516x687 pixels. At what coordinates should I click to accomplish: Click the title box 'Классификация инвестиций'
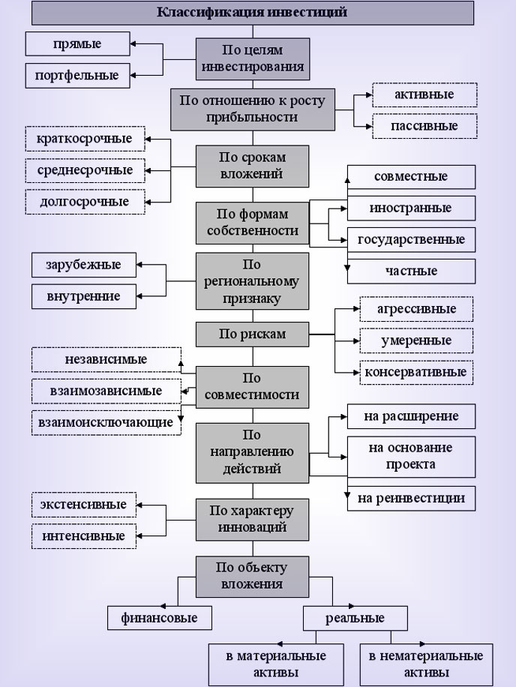pos(252,13)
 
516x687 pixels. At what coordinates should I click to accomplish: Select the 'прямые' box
pos(77,44)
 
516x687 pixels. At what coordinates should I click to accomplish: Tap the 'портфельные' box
pos(77,75)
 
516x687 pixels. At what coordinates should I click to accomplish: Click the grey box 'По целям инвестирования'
pos(252,58)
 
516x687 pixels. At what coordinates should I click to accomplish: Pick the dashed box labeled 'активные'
pos(424,96)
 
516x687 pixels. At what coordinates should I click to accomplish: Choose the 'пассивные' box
pos(424,126)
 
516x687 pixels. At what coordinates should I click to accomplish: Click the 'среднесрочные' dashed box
pos(85,170)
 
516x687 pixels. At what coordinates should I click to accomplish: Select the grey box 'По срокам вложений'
pos(252,166)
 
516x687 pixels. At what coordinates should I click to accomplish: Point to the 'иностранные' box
pos(410,208)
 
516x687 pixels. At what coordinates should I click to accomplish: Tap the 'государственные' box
pos(410,240)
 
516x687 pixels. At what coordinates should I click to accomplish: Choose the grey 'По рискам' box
pos(252,334)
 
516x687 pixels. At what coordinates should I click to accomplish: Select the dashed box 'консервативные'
pos(415,371)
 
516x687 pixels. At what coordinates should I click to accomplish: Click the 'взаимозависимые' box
pos(106,391)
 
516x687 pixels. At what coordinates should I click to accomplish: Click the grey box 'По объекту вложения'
pos(252,576)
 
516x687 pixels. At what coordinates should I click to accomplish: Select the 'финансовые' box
pos(159,619)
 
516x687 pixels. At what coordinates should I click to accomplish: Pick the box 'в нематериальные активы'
pos(425,664)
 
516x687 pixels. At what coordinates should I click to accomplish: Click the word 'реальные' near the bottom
pos(355,619)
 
